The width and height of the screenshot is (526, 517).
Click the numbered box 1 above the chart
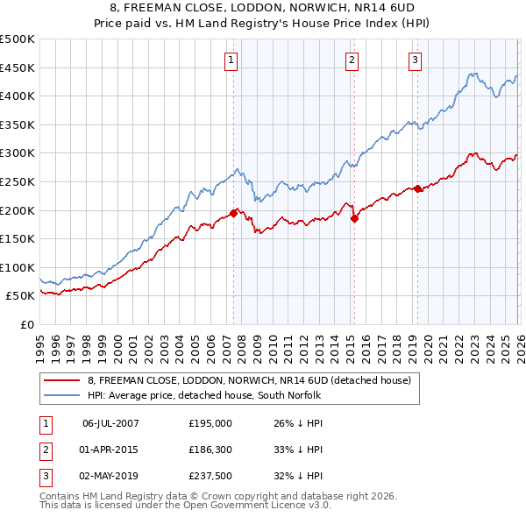point(231,60)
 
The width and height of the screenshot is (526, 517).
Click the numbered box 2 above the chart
point(352,60)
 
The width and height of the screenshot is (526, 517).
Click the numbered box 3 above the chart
point(415,60)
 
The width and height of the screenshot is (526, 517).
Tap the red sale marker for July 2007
point(234,212)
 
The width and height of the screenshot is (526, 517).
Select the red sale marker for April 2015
point(354,219)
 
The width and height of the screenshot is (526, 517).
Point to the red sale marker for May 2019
point(418,188)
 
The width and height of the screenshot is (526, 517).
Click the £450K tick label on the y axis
point(18,67)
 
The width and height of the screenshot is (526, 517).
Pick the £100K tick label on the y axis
point(18,267)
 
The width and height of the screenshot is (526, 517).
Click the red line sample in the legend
point(62,380)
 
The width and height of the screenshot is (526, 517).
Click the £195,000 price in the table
point(210,422)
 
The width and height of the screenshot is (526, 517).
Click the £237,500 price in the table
point(210,477)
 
